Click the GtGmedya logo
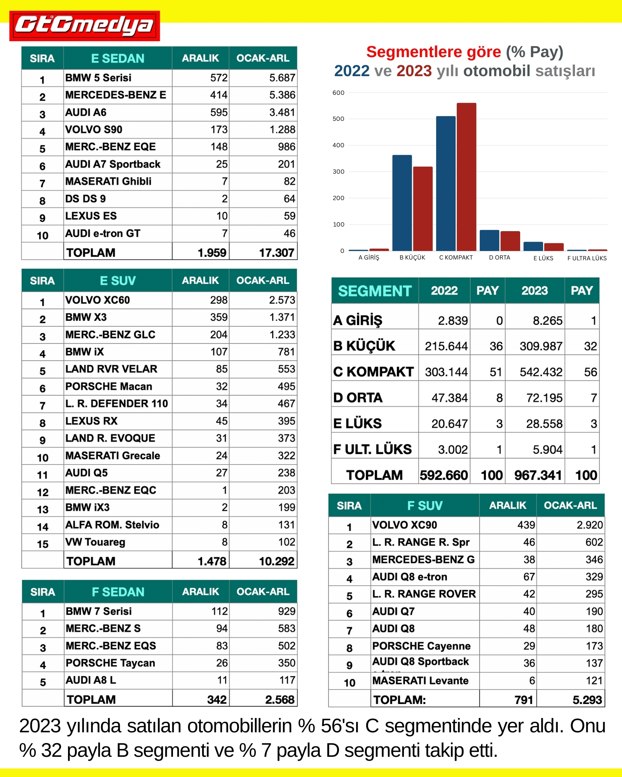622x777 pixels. [84, 26]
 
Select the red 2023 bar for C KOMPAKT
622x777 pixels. [466, 177]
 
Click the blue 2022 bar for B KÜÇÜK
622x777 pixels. [402, 203]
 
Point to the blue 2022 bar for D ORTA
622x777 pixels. [489, 240]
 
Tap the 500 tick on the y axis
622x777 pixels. [338, 119]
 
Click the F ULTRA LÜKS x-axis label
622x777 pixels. [587, 258]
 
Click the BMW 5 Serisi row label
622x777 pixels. [98, 78]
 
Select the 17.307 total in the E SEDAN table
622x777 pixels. [276, 253]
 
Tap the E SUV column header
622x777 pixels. [117, 280]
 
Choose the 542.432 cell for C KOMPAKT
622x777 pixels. [541, 372]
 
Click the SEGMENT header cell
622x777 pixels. [374, 291]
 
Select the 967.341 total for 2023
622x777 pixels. [538, 475]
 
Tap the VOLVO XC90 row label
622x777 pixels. [404, 525]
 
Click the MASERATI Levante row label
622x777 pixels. [420, 681]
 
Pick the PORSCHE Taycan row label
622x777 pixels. [110, 663]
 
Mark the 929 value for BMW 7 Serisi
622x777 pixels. [287, 611]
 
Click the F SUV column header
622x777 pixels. [425, 505]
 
